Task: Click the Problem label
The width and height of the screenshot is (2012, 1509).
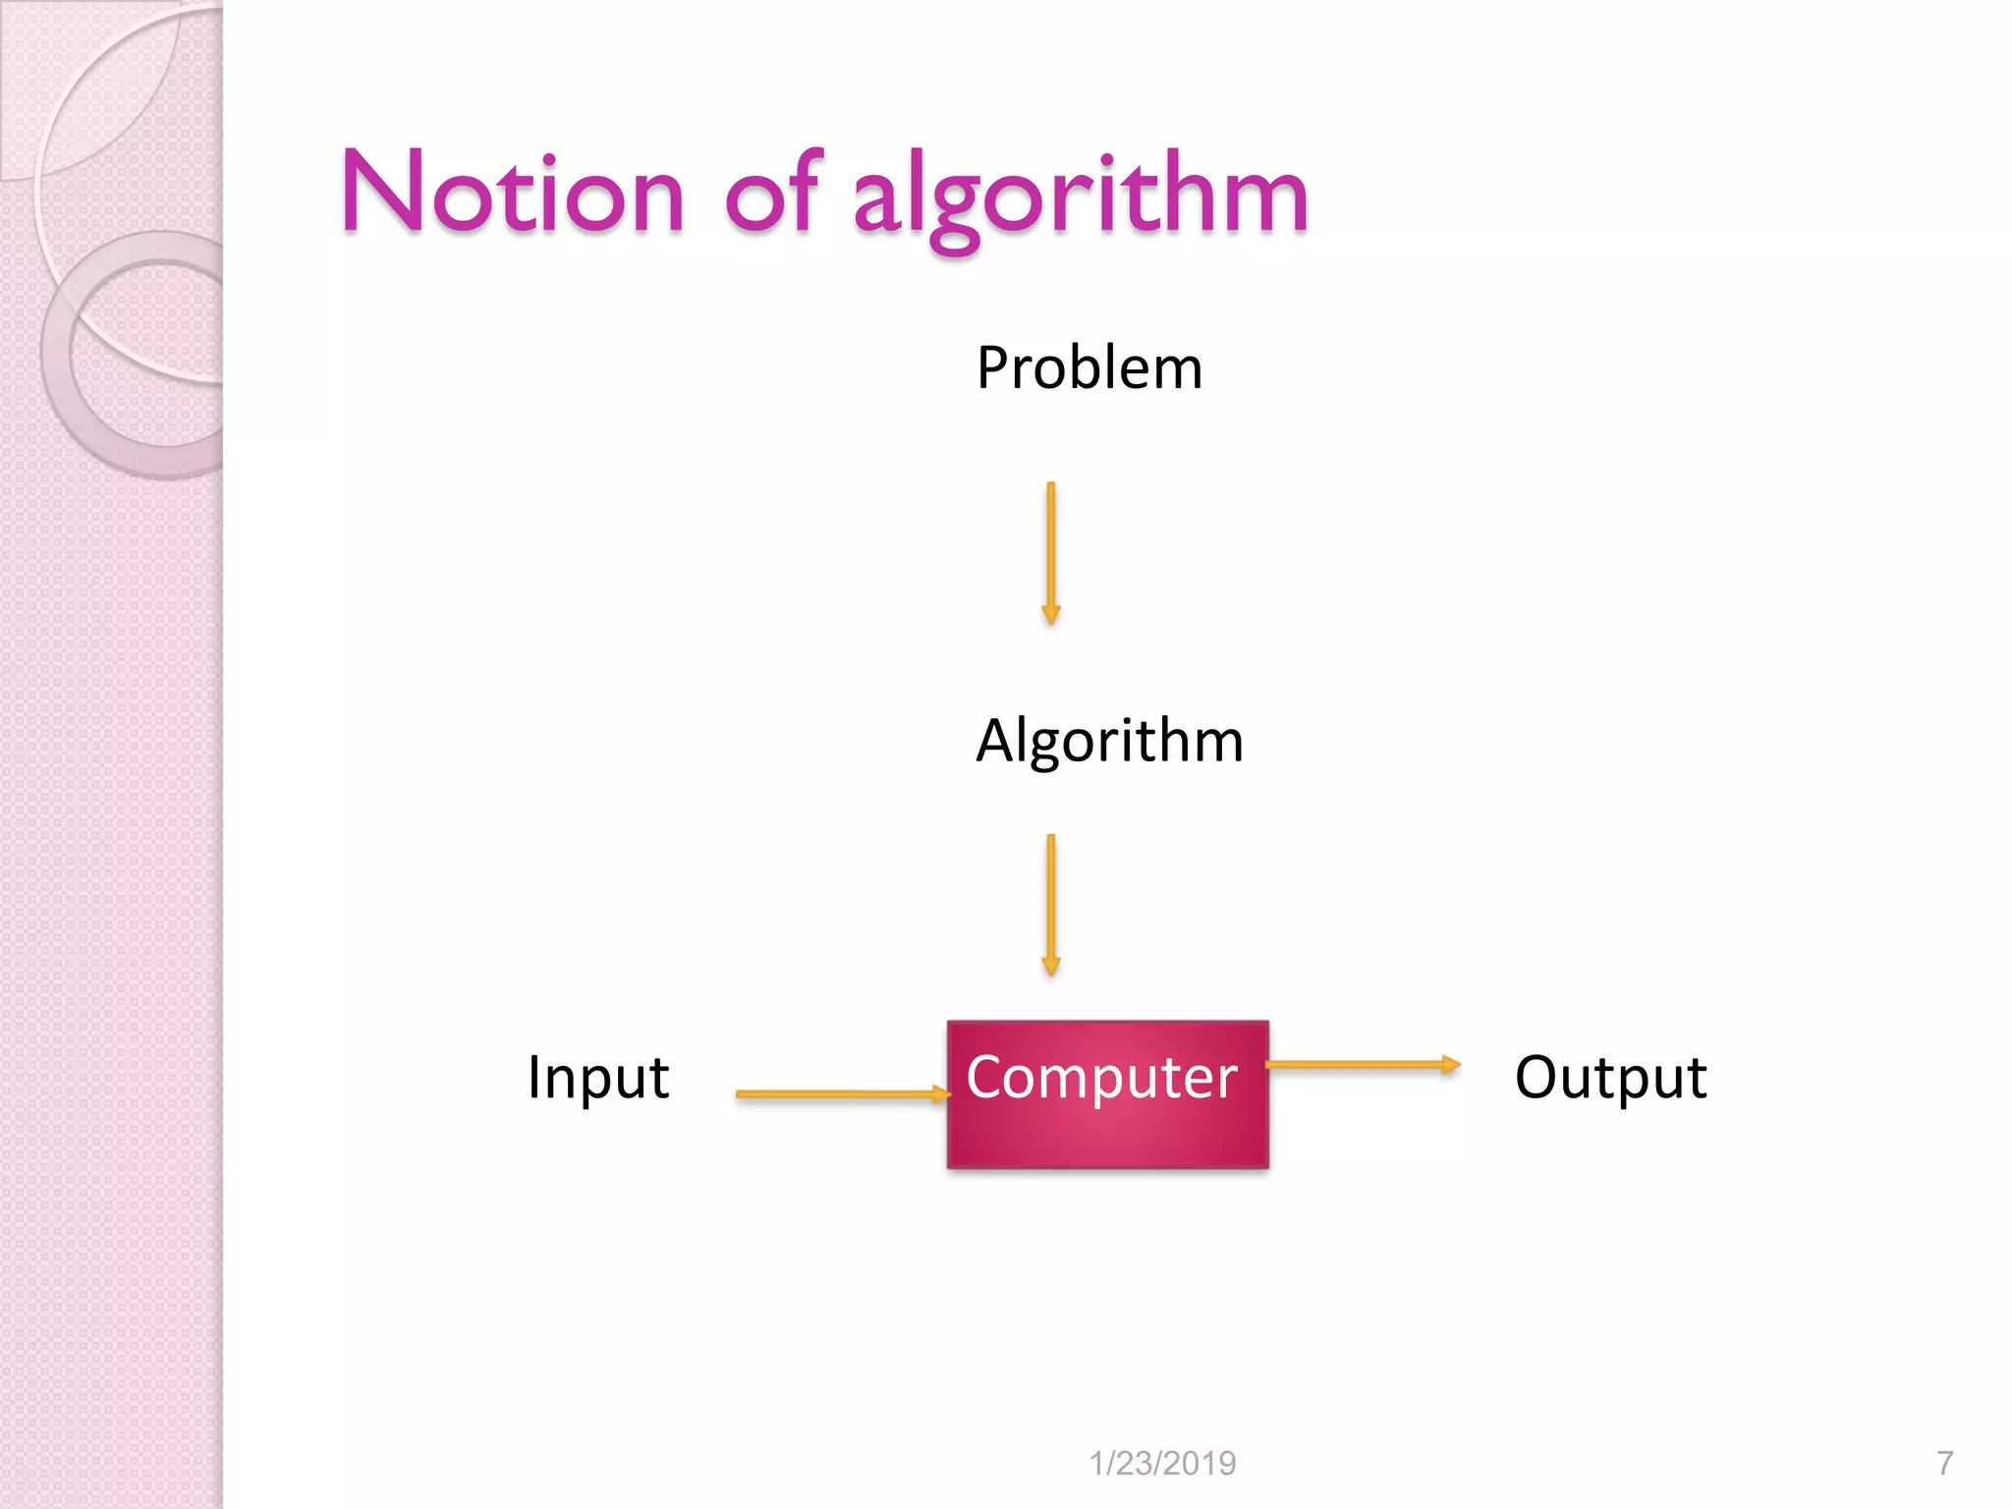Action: coord(1090,368)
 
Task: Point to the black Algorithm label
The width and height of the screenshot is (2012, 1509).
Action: coord(1109,741)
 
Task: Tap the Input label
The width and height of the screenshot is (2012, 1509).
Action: coord(598,1078)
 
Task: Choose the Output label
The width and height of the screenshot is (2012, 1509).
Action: coord(1610,1078)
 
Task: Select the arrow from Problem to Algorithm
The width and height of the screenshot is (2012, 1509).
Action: coord(1050,550)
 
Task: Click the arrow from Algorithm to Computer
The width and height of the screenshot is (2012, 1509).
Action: coord(1050,902)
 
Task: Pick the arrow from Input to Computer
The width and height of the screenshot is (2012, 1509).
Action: coord(840,1093)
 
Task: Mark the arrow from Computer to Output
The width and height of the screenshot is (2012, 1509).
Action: coord(1361,1064)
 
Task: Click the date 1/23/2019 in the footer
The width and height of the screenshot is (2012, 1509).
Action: coord(1162,1463)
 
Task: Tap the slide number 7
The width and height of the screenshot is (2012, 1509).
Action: coord(1944,1463)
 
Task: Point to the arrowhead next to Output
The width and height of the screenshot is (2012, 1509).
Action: coord(1451,1064)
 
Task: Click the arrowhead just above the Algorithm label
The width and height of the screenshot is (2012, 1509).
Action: coord(1050,615)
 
